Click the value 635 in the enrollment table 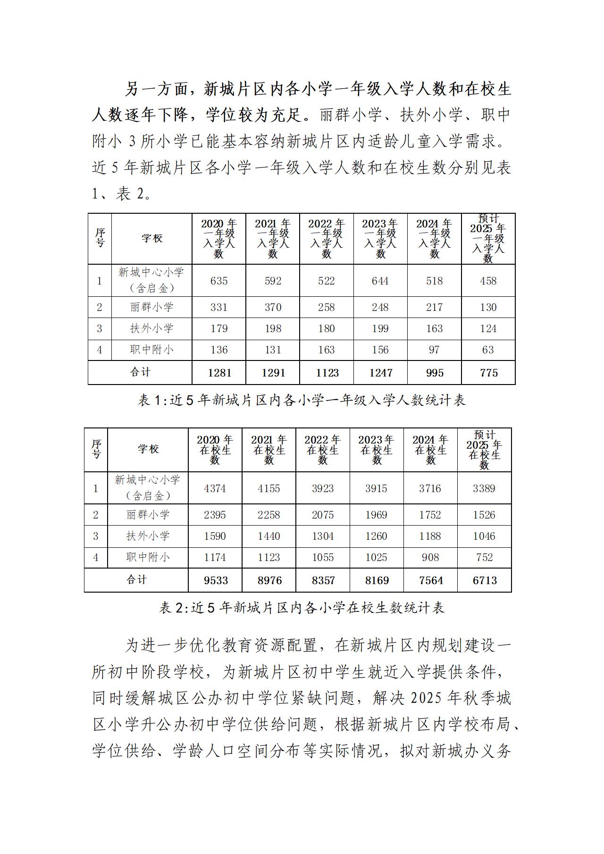coord(219,281)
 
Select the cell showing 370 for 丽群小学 coord(273,307)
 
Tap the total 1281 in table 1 coord(219,373)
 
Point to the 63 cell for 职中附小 coord(488,350)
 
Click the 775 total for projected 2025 coord(488,373)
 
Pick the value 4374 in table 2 coord(215,488)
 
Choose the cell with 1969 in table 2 coord(376,515)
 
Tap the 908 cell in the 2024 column coord(430,557)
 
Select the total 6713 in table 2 coord(485,580)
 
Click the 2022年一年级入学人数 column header coord(327,238)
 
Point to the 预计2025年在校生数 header coord(485,450)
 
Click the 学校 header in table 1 coord(152,238)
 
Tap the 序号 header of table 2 coord(96,449)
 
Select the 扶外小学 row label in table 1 coord(152,328)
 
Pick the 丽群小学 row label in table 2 coord(148,515)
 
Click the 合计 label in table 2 coord(137,580)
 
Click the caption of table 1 coord(302,400)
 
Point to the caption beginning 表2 coord(302,608)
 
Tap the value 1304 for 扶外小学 coord(323,536)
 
